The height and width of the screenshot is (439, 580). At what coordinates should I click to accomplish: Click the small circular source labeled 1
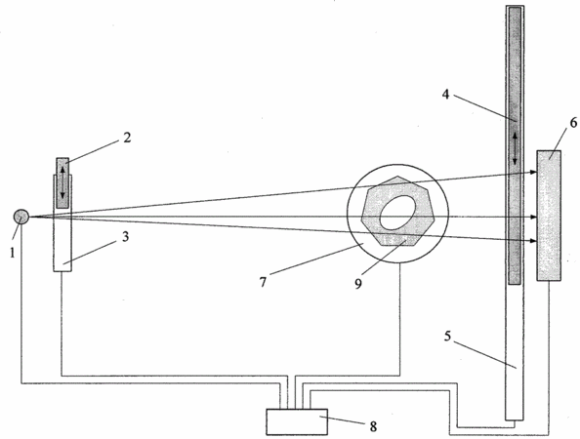[x=21, y=217]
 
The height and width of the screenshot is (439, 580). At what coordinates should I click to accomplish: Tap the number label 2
[x=127, y=138]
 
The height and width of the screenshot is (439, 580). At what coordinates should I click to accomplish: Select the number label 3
[x=126, y=237]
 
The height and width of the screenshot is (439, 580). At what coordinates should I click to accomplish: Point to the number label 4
[x=445, y=94]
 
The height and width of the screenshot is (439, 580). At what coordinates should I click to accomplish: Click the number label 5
[x=447, y=337]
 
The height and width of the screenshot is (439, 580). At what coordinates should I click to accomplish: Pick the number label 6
[x=573, y=123]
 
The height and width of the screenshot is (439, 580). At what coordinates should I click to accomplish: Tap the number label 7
[x=263, y=282]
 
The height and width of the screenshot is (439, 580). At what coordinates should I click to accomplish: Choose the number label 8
[x=373, y=426]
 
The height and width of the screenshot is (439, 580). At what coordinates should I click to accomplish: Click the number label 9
[x=358, y=284]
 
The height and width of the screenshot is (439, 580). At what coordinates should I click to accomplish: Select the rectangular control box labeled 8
[x=297, y=421]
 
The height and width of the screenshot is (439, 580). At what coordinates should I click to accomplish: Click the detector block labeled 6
[x=549, y=216]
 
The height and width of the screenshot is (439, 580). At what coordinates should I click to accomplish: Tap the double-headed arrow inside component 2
[x=62, y=182]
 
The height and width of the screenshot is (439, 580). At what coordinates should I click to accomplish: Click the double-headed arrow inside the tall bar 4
[x=515, y=148]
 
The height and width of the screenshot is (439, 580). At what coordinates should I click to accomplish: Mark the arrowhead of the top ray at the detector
[x=533, y=172]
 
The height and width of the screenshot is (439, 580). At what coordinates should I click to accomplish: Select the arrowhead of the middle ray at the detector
[x=533, y=217]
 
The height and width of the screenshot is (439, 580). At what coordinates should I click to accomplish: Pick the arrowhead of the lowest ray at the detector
[x=533, y=241]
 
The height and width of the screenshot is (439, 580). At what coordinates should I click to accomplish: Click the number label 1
[x=13, y=253]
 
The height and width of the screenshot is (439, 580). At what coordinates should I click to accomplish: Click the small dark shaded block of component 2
[x=62, y=183]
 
